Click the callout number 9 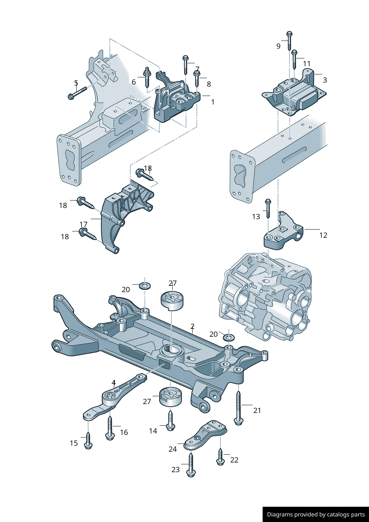click(x=278, y=46)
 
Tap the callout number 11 click(x=307, y=64)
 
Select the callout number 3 click(x=325, y=80)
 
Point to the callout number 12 click(x=323, y=235)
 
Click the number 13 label click(x=256, y=217)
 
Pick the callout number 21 click(x=257, y=410)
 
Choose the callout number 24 click(x=173, y=449)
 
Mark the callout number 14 click(x=153, y=431)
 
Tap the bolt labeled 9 click(x=289, y=41)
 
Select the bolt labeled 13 click(x=267, y=208)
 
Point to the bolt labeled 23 click(x=191, y=465)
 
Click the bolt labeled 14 click(x=170, y=420)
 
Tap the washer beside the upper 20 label click(x=145, y=286)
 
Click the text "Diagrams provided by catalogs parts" click(x=316, y=515)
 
